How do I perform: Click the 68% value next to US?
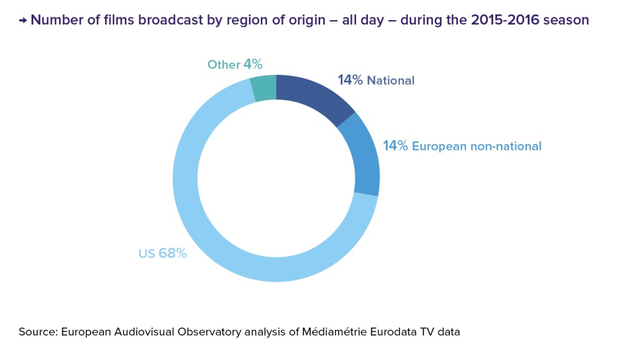pyautogui.click(x=173, y=253)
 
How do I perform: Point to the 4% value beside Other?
pyautogui.click(x=253, y=64)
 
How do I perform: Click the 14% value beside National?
pyautogui.click(x=350, y=80)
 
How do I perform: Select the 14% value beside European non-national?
pyautogui.click(x=395, y=146)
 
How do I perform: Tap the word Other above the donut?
pyautogui.click(x=223, y=64)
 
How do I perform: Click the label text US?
pyautogui.click(x=146, y=253)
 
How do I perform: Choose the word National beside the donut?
pyautogui.click(x=391, y=81)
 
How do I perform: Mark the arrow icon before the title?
pyautogui.click(x=23, y=20)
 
